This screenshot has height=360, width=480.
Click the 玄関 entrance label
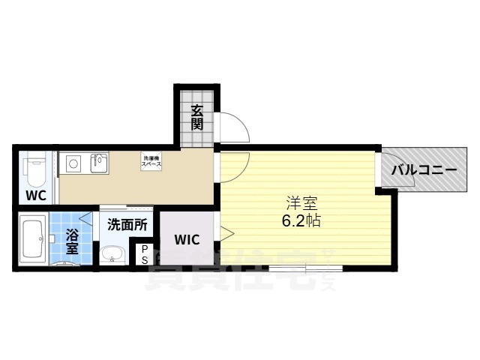(197, 117)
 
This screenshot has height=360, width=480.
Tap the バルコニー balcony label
(424, 170)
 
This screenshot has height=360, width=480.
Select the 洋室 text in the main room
(298, 202)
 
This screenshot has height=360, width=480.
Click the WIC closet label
(187, 240)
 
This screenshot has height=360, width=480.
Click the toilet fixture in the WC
(34, 171)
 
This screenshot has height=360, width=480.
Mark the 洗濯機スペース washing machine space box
(152, 160)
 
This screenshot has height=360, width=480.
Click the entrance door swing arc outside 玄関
(232, 127)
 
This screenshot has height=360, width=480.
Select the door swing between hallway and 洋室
(234, 166)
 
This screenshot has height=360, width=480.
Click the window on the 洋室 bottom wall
(306, 267)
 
